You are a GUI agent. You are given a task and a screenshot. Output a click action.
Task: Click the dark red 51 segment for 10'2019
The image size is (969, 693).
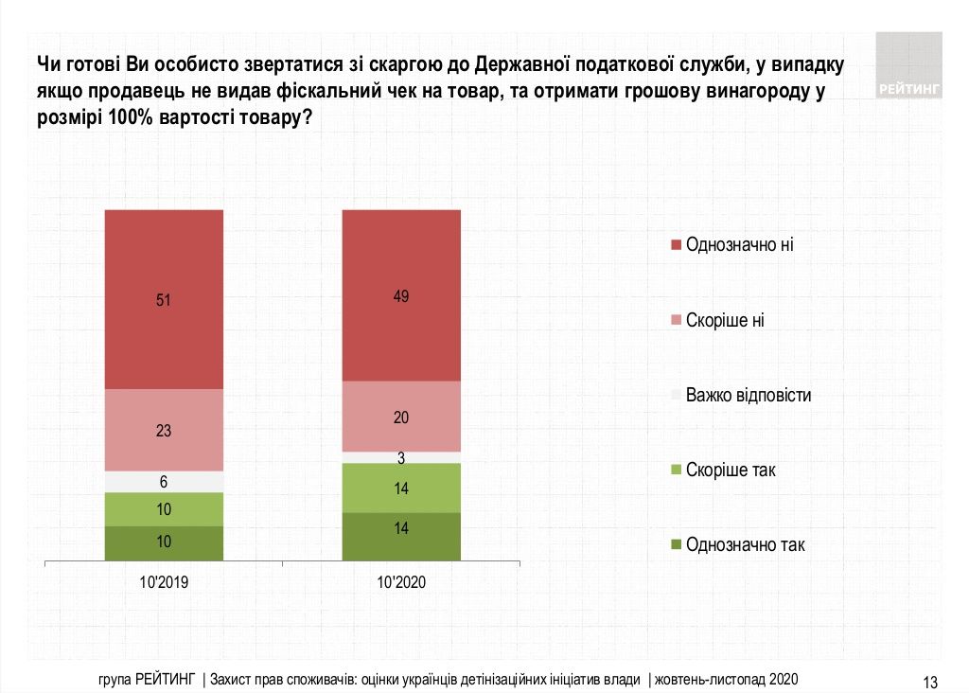164,299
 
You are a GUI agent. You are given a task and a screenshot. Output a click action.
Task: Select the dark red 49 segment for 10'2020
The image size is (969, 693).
401,294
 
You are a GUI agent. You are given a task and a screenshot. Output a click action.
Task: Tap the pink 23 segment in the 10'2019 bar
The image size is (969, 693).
164,430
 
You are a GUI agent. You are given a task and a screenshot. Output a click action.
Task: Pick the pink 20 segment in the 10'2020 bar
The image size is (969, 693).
401,417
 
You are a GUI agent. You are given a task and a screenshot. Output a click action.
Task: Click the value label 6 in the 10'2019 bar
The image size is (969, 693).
164,482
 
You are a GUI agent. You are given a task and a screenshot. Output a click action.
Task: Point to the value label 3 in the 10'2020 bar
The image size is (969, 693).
401,458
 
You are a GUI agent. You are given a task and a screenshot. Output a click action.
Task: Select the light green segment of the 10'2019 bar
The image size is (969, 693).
164,509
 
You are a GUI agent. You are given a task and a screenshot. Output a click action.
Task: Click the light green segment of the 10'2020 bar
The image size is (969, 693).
401,488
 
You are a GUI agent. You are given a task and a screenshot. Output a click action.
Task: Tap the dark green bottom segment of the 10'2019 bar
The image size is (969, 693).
164,543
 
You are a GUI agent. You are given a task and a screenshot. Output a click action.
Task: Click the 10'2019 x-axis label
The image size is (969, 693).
164,583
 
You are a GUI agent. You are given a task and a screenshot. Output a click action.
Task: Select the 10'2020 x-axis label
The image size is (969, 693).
401,583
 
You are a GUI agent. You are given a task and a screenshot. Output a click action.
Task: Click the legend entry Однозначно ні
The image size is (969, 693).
739,245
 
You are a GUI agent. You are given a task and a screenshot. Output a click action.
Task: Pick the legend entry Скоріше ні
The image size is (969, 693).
725,320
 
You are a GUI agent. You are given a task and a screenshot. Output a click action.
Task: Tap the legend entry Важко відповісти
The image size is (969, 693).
749,395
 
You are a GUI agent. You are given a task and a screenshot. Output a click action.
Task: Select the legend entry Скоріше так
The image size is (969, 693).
730,470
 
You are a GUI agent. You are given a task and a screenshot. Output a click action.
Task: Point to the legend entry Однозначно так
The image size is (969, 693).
745,544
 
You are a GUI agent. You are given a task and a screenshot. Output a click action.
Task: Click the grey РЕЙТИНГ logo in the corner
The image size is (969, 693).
908,65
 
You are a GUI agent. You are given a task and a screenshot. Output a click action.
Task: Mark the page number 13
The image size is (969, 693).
929,681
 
